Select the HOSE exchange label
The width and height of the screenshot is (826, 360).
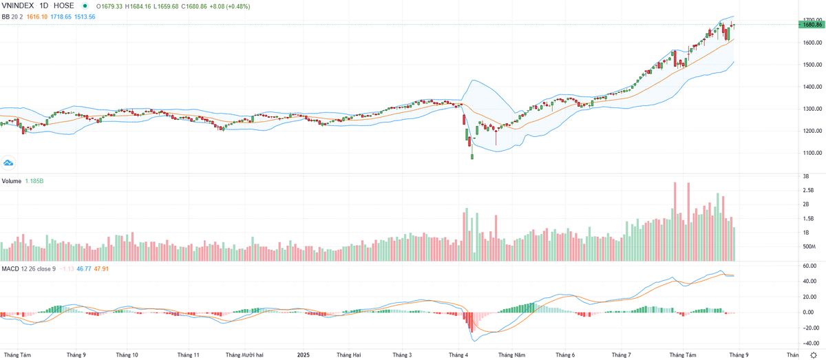[64, 6]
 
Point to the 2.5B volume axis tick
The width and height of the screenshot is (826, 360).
[807, 190]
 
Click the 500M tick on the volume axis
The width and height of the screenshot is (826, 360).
[809, 246]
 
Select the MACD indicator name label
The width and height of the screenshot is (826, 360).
[10, 268]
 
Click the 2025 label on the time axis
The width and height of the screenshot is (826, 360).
[303, 354]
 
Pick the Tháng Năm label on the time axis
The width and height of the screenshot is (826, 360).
[511, 354]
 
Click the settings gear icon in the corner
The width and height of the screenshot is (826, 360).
[813, 354]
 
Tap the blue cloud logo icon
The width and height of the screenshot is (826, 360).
[9, 163]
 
